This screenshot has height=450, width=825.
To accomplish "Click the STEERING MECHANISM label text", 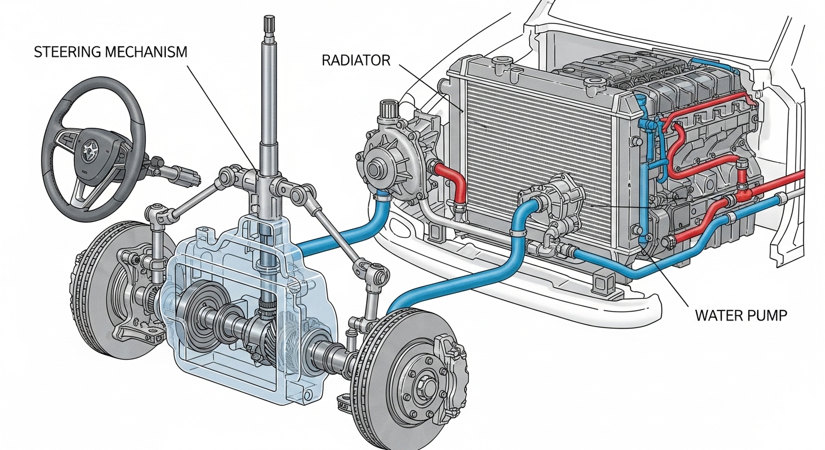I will pyautogui.click(x=111, y=52).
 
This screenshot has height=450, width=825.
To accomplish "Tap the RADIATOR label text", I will pyautogui.click(x=356, y=60).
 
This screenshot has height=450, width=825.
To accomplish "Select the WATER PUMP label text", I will pyautogui.click(x=741, y=315).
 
